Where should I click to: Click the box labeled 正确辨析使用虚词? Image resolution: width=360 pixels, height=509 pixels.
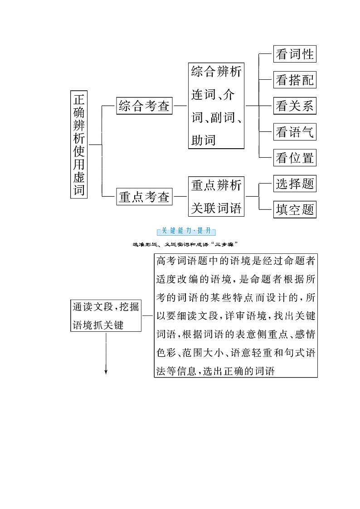(79, 144)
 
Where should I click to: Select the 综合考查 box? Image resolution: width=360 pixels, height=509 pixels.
(144, 106)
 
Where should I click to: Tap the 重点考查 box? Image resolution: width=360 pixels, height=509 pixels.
(144, 197)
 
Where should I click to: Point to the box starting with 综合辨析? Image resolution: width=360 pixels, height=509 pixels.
(216, 106)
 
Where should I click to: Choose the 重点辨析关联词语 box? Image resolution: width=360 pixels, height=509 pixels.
(216, 197)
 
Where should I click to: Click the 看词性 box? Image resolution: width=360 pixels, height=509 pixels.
(294, 54)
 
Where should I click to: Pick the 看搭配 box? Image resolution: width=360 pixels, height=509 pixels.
(294, 80)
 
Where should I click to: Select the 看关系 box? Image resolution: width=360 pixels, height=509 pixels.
(294, 106)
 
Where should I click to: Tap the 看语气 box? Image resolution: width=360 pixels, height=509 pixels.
(294, 132)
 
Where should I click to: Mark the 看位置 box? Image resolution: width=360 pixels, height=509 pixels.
(294, 158)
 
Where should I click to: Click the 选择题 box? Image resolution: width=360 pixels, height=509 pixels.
(294, 184)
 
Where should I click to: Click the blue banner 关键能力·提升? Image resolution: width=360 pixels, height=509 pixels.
(186, 231)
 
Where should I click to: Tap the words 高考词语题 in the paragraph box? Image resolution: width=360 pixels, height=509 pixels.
(178, 261)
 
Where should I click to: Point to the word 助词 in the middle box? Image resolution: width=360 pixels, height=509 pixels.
(203, 140)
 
